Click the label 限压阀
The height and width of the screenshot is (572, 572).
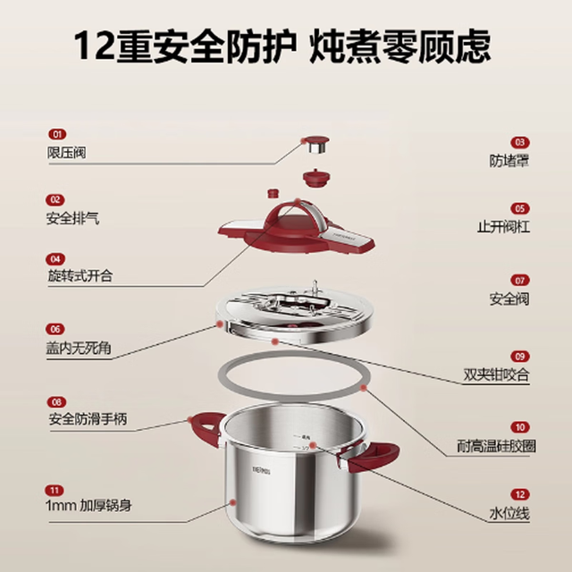pyautogui.click(x=67, y=153)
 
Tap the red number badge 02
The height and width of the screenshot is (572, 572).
pyautogui.click(x=55, y=200)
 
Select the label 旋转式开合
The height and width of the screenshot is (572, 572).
pyautogui.click(x=80, y=275)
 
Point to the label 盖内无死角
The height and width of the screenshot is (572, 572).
pyautogui.click(x=79, y=348)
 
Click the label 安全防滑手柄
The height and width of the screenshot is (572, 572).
pyautogui.click(x=88, y=419)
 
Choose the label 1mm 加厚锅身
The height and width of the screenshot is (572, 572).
pyautogui.click(x=88, y=506)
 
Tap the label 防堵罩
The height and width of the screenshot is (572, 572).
pyautogui.click(x=509, y=161)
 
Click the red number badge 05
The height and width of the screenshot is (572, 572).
pyautogui.click(x=520, y=208)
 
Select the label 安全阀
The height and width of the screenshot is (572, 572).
pyautogui.click(x=509, y=299)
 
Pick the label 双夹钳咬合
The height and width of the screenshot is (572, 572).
pyautogui.click(x=496, y=374)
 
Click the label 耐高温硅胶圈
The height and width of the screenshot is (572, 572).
pyautogui.click(x=497, y=446)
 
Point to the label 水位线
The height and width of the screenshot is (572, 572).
pyautogui.click(x=509, y=514)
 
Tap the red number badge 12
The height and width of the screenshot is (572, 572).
pyautogui.click(x=520, y=494)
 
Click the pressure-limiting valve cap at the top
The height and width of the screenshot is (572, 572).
pyautogui.click(x=316, y=145)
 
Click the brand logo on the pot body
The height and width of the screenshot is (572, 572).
pyautogui.click(x=262, y=471)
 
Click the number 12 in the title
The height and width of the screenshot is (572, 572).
pyautogui.click(x=93, y=46)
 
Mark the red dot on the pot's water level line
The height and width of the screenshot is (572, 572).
pyautogui.click(x=313, y=445)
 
